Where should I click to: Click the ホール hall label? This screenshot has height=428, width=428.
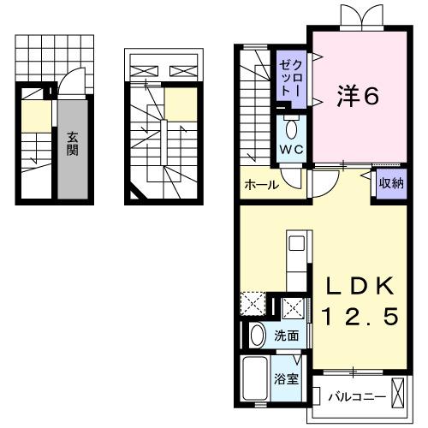click(260, 184)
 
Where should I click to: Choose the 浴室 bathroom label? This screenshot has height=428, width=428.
click(286, 377)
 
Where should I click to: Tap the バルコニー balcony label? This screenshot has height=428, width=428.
click(355, 396)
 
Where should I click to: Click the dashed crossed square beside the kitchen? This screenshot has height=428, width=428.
click(253, 305)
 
